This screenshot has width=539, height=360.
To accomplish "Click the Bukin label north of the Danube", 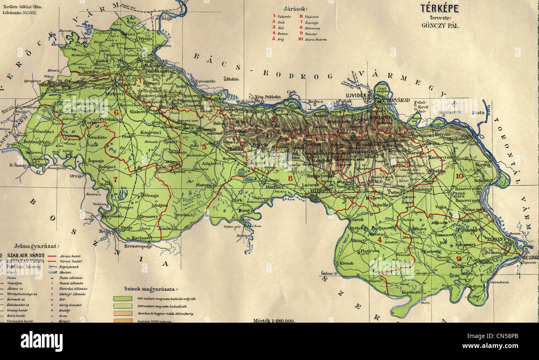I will (x=233, y=79).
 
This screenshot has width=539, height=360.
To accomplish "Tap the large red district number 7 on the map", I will (x=115, y=179).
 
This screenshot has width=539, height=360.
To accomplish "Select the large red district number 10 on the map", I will (x=459, y=176).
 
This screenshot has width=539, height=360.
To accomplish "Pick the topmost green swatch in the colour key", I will (x=122, y=298).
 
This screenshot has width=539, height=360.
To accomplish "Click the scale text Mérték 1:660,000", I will (x=274, y=321).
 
